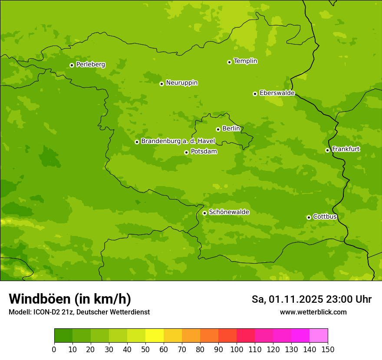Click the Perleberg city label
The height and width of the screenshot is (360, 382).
click(90, 65)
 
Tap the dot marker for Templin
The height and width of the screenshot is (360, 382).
click(229, 62)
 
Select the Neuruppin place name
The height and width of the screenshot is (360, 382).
click(181, 83)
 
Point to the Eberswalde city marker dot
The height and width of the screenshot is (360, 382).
click(255, 94)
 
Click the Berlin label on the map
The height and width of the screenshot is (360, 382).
click(231, 129)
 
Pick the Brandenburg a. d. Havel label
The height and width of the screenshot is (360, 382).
click(178, 141)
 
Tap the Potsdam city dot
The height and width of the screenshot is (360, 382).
click(186, 152)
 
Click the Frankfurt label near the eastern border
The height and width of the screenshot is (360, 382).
click(346, 149)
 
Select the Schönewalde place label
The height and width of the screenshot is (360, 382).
click(229, 212)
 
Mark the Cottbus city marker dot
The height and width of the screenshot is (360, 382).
click(309, 217)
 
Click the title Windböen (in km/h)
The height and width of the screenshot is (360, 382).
click(70, 299)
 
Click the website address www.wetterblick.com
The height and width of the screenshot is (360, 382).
click(313, 312)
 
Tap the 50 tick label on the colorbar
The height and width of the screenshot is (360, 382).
click(145, 349)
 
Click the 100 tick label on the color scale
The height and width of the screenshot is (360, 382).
click(237, 349)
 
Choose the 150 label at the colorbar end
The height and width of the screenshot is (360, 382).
click(328, 349)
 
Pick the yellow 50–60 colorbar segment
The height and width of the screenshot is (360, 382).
click(155, 336)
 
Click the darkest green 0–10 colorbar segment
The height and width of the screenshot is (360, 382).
click(63, 336)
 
